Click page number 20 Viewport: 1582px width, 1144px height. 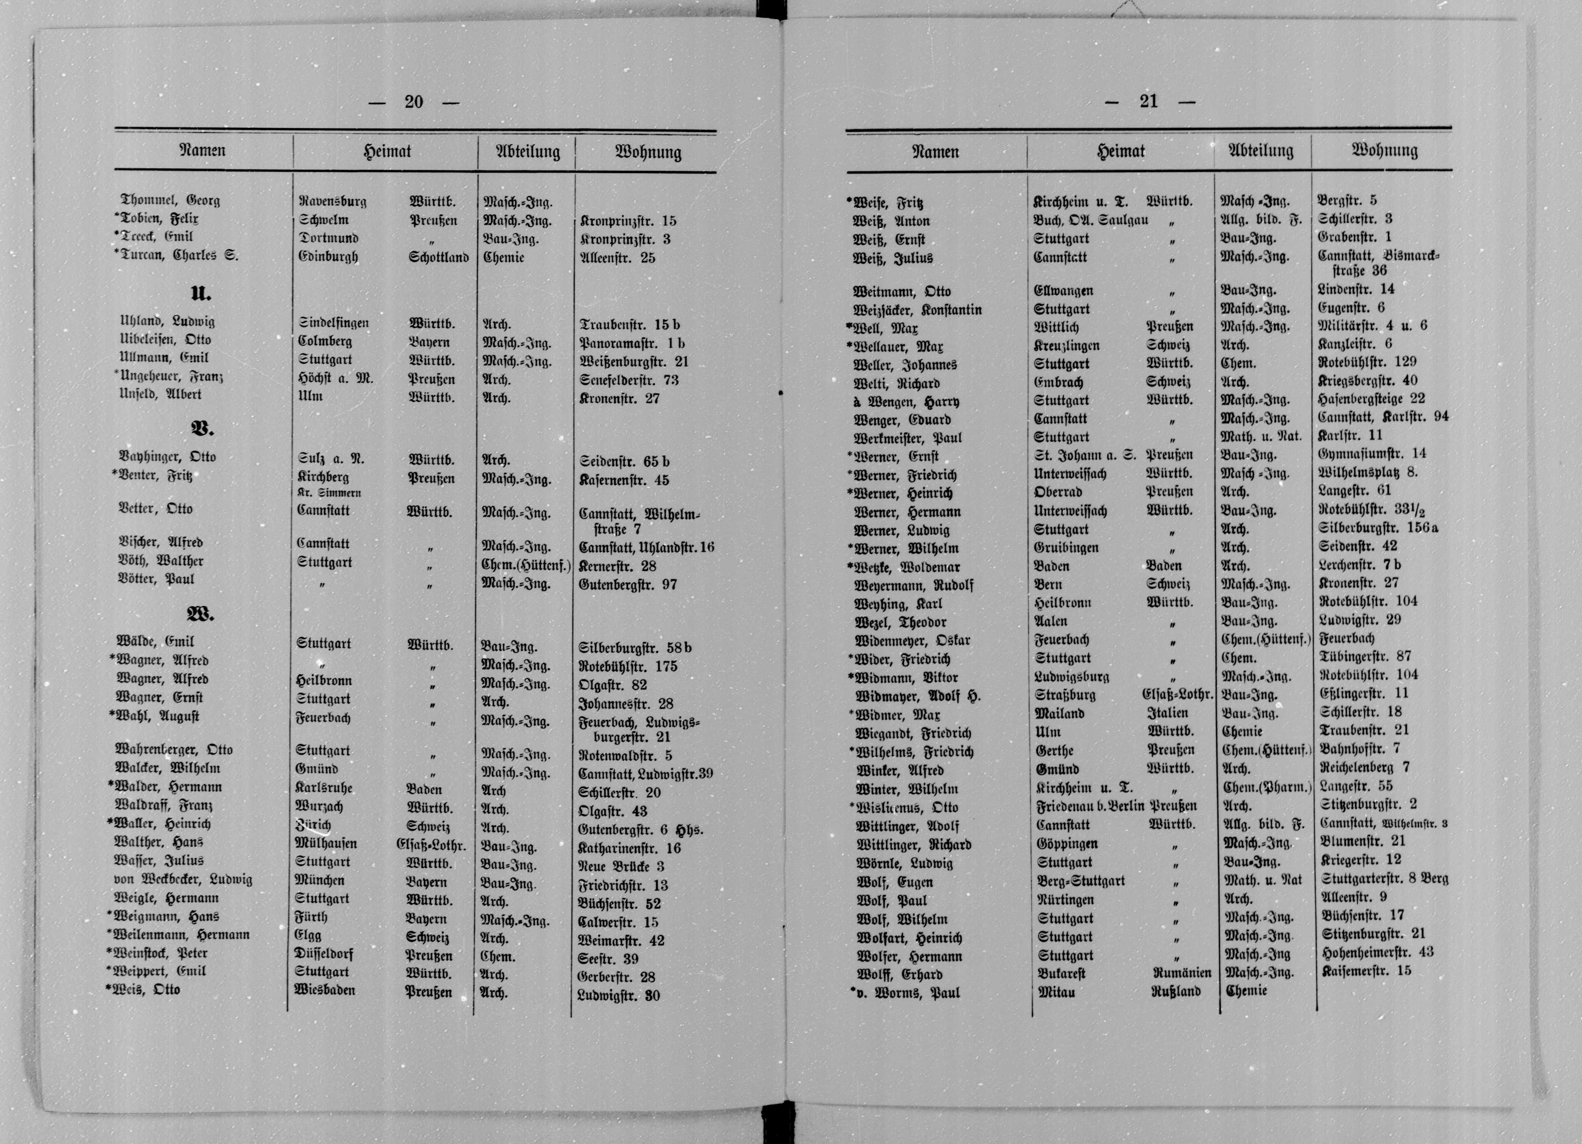414,102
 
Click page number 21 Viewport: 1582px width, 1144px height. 1148,102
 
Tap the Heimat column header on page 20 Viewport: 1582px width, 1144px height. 387,151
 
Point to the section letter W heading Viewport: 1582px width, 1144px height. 200,614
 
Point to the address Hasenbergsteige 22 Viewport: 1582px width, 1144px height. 1371,399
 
